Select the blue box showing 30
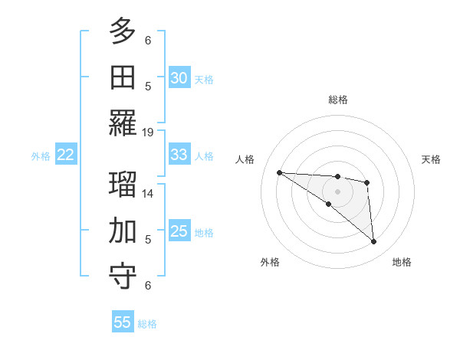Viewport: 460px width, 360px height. pyautogui.click(x=179, y=78)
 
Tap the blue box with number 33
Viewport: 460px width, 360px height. pyautogui.click(x=179, y=155)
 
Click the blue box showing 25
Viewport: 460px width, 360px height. pyautogui.click(x=179, y=231)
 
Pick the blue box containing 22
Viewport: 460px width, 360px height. pyautogui.click(x=65, y=155)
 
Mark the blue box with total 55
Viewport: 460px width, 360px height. pyautogui.click(x=123, y=322)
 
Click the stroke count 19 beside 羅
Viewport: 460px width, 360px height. pyautogui.click(x=148, y=132)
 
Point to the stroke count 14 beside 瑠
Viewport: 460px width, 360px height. pyautogui.click(x=148, y=194)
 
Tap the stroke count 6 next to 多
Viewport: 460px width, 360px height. pyautogui.click(x=148, y=40)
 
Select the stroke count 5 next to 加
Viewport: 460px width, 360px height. pyautogui.click(x=148, y=239)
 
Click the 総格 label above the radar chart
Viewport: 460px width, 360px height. pyautogui.click(x=337, y=100)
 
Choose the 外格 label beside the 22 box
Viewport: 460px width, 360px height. pyautogui.click(x=41, y=156)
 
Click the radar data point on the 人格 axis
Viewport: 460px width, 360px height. pyautogui.click(x=279, y=172)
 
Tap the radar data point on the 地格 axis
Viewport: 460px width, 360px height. pyautogui.click(x=374, y=242)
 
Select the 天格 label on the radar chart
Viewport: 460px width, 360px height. pyautogui.click(x=432, y=159)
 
